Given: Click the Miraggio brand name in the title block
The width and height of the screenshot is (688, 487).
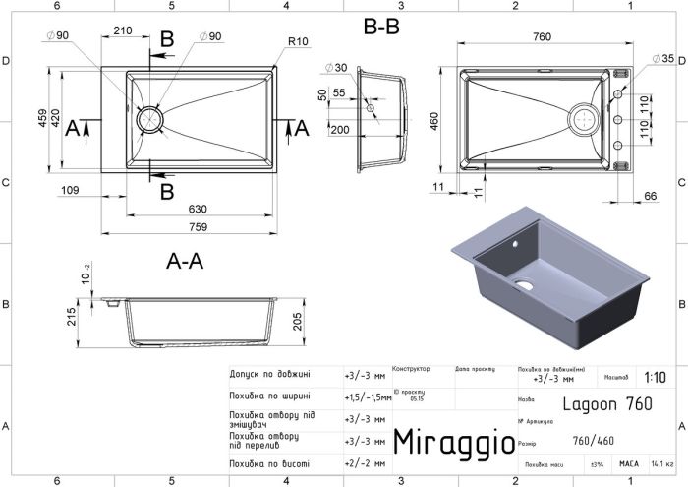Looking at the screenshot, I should point(453,441).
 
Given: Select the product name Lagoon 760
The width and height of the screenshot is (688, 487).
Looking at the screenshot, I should point(605,403).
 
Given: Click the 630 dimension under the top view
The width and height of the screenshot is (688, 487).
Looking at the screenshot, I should point(199,208).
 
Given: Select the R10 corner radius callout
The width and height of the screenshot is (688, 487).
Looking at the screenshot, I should point(300,41).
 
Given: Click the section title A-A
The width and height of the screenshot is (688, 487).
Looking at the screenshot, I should point(184,262).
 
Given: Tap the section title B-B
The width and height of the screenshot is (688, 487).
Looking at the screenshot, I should point(381,29).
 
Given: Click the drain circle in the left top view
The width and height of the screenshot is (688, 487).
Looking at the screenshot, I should point(150,118).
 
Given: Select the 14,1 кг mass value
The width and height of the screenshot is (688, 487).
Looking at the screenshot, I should point(662,463).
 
